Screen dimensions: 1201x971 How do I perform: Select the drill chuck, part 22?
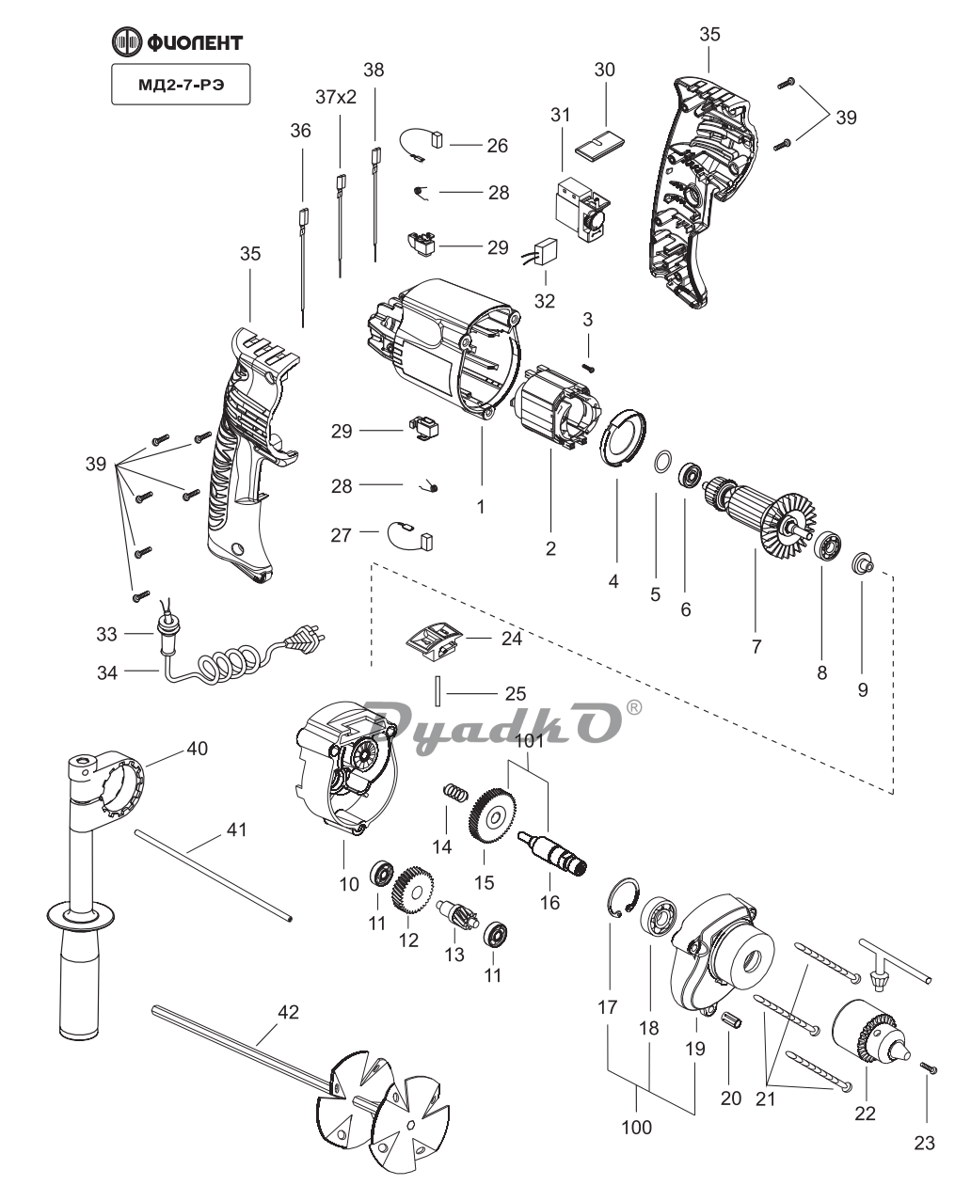(x=871, y=1034)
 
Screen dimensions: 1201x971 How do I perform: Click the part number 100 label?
(x=637, y=1126)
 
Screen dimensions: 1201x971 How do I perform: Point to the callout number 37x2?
(x=336, y=97)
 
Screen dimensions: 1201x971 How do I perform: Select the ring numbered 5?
(x=662, y=463)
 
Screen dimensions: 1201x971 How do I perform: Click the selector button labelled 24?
(x=432, y=641)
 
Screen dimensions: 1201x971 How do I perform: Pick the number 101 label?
(x=530, y=740)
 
